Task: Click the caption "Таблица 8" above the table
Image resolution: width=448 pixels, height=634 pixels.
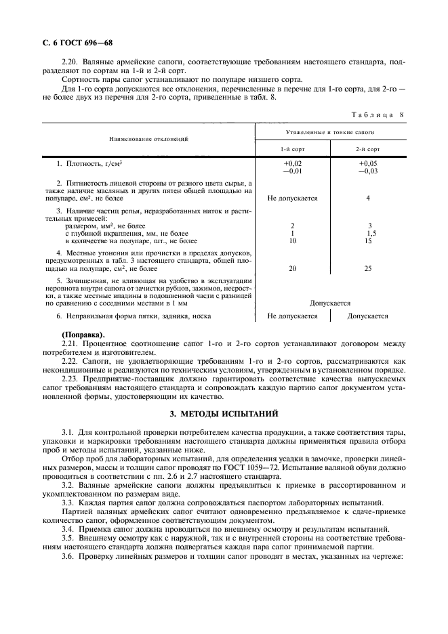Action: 376,114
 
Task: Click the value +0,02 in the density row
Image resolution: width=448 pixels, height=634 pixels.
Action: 292,164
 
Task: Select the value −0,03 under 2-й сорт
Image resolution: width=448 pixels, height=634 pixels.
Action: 368,171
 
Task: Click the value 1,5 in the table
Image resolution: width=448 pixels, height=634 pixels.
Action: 371,233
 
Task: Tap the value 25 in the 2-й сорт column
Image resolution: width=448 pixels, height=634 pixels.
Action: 368,269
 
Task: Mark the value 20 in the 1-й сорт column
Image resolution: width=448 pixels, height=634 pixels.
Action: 292,269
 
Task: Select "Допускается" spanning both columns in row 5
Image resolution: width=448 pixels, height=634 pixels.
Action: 330,303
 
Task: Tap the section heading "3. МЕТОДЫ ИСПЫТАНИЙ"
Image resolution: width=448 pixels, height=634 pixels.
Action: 224,413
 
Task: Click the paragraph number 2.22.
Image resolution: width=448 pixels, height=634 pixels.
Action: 70,361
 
